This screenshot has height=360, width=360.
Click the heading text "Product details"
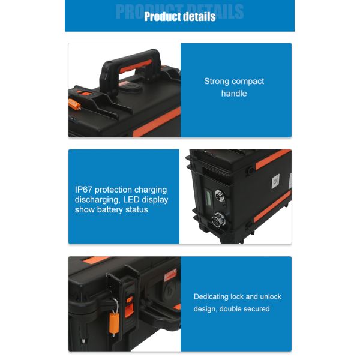(x=179, y=17)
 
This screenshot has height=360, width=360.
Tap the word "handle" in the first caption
(x=234, y=94)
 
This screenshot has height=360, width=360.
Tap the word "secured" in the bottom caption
(x=255, y=309)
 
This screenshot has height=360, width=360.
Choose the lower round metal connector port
(x=220, y=221)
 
